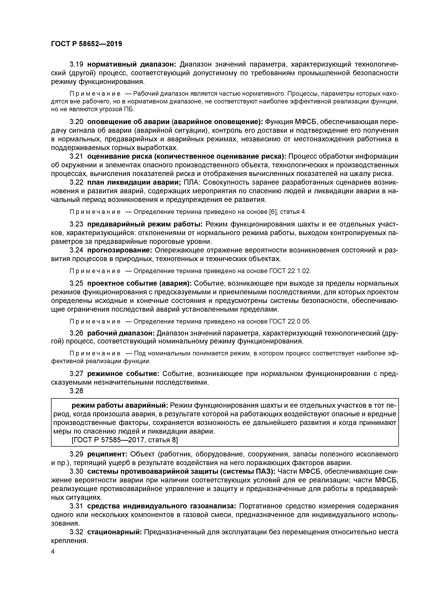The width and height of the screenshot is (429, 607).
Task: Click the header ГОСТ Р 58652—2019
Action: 86,44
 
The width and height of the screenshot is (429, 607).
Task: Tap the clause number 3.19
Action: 76,64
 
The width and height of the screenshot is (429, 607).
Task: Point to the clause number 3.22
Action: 76,182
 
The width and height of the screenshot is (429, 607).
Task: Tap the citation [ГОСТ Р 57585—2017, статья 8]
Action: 125,440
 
